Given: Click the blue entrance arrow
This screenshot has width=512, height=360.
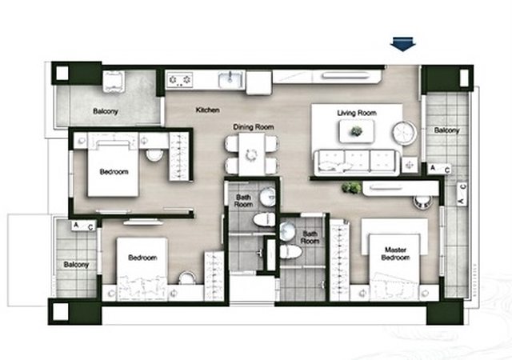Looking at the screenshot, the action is coord(403,45).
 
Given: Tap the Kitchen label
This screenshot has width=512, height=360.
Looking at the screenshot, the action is coord(207,110).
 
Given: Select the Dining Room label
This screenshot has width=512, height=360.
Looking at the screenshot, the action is coord(254,127).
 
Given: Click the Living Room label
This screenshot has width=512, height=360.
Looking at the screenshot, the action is coord(357,113).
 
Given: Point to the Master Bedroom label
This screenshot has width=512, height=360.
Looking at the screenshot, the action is coord(395,254).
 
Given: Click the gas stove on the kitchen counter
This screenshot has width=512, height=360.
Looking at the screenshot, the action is coord(179,80).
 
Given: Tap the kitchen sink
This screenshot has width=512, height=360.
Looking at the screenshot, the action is coord(231,79).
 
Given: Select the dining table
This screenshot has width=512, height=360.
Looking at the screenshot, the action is coord(251,154).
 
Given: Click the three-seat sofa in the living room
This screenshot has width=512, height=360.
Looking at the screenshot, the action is coord(358,162).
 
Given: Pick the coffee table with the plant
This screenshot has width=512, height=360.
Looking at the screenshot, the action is coord(357,131).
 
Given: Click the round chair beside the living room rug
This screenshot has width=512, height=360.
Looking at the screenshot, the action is coord(405,133).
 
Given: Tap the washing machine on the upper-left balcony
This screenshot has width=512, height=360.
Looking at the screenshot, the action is coord(114,82).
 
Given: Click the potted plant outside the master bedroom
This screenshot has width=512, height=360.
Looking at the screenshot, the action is coord(351,188).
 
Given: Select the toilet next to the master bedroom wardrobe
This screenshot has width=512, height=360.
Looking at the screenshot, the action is coord(290,252).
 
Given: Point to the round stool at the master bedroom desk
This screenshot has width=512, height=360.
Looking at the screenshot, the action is coord(423,202).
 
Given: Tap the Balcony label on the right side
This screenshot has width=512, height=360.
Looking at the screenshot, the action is coord(446,130).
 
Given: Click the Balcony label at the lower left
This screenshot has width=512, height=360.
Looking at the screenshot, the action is coord(76,264).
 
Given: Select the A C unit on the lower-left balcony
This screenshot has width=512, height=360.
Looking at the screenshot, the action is coord(83,226).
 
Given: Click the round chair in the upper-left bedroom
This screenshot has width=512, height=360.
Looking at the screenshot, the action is coord(154,155).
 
